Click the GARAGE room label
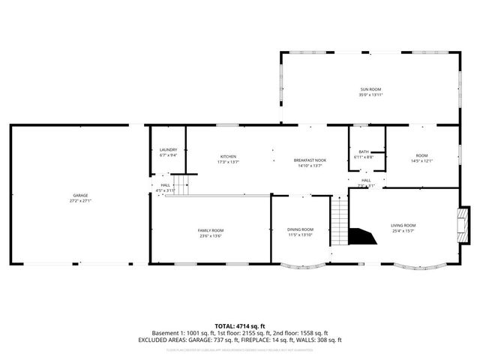coord(75,195)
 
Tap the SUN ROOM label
coord(370,89)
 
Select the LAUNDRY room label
coord(168,150)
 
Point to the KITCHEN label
coord(228,156)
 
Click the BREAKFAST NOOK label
coord(310,160)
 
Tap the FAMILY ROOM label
coord(211,230)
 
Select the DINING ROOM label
coord(300,229)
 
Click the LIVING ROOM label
coord(403,225)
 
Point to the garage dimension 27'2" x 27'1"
coord(75,201)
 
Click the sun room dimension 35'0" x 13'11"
coord(370,95)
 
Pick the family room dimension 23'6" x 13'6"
coord(211,236)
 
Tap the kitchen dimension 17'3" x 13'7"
coord(228,162)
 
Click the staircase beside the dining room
coord(340,221)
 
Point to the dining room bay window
coord(304,265)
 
